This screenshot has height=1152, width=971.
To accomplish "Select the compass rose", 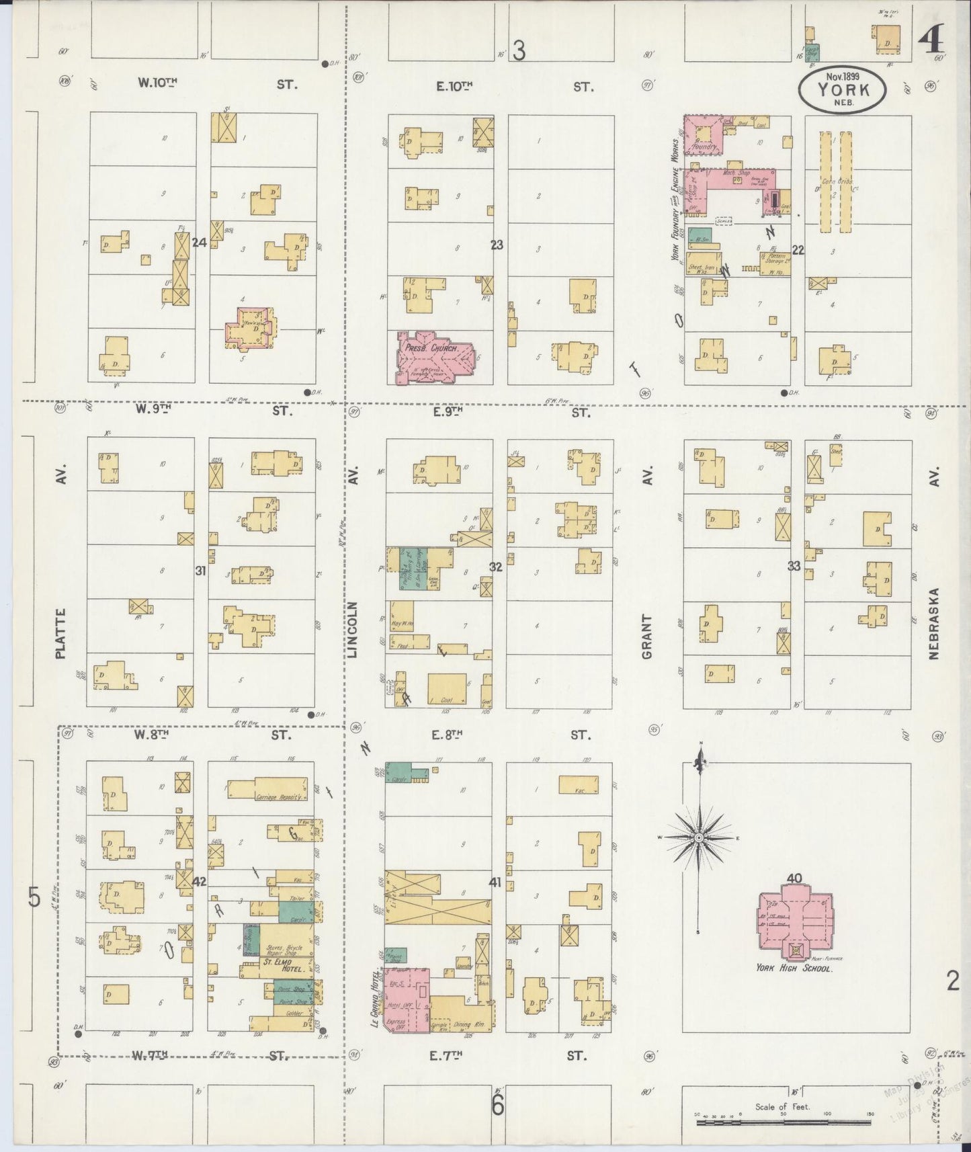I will coord(700,837).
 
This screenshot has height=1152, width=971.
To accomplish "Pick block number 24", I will coord(198,242).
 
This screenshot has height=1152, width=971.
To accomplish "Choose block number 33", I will coord(794,566).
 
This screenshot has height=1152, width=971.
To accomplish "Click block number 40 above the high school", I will coord(794,878).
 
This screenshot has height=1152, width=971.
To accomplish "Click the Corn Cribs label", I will coord(837,181).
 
